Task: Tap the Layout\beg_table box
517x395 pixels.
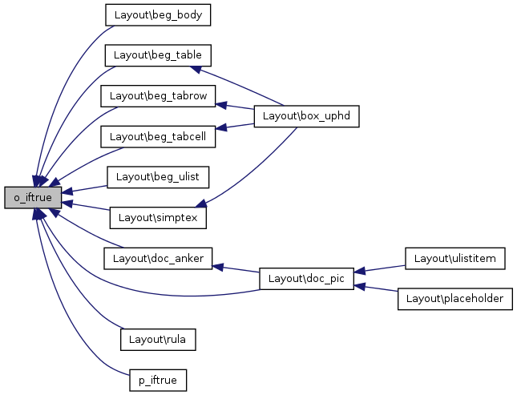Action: pyautogui.click(x=158, y=55)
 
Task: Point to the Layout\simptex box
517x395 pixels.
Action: pyautogui.click(x=159, y=217)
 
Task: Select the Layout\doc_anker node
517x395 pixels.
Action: pyautogui.click(x=158, y=258)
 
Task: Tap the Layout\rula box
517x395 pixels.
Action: pyautogui.click(x=158, y=339)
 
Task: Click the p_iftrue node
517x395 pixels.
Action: pyautogui.click(x=158, y=380)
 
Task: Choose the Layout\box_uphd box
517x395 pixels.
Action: pyautogui.click(x=306, y=116)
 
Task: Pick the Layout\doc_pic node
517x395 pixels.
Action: pyautogui.click(x=307, y=278)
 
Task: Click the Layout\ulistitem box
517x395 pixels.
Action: pyautogui.click(x=455, y=258)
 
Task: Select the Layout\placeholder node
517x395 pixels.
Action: pyautogui.click(x=454, y=298)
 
